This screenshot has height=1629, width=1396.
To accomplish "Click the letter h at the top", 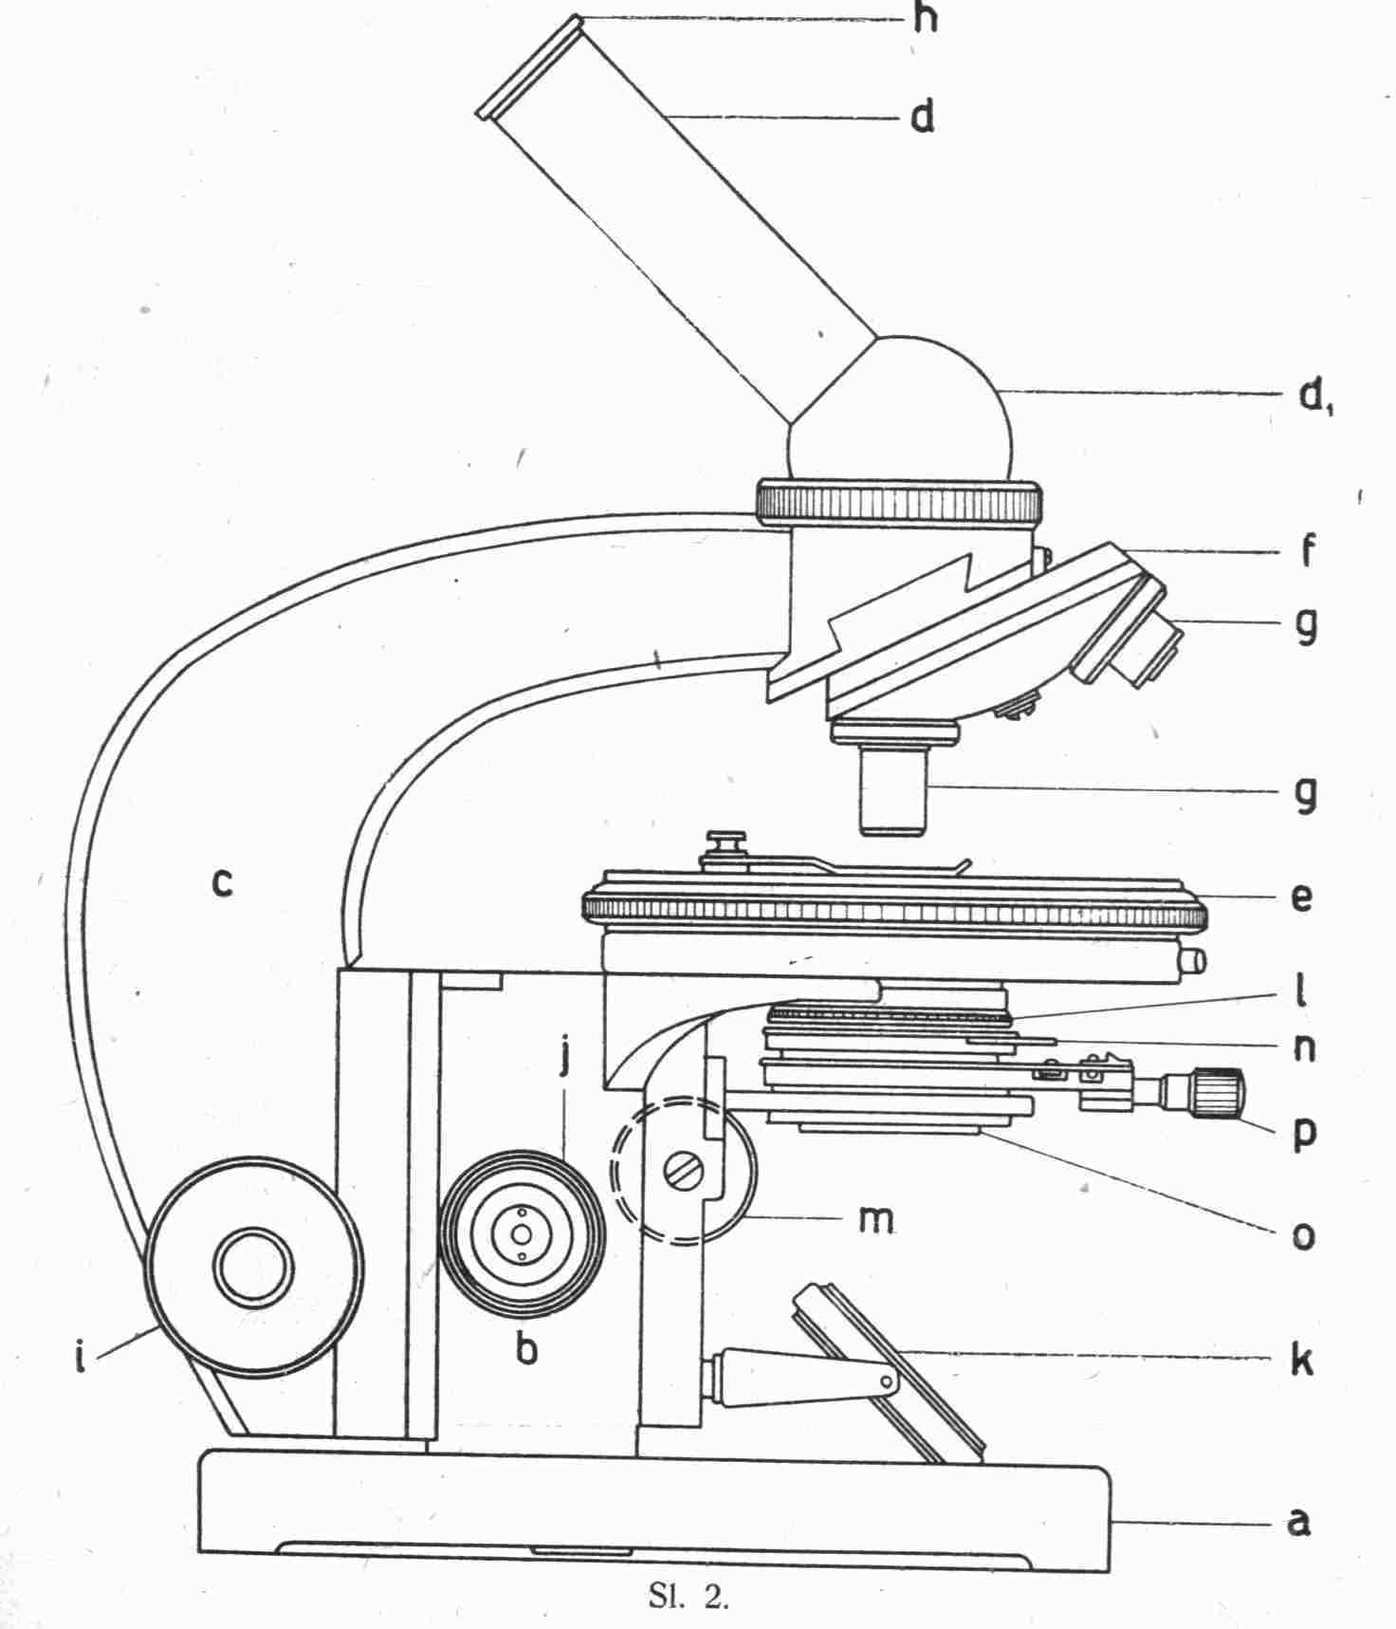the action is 925,18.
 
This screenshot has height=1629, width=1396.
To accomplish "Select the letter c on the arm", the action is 221,883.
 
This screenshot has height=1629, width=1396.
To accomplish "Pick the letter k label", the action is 1301,1359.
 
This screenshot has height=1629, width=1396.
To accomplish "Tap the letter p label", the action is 1305,1134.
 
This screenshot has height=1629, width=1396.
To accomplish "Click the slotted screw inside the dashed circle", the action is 684,1169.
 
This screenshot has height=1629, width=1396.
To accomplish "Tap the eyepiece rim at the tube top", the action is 527,66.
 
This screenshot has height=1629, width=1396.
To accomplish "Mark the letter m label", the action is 875,1219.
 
